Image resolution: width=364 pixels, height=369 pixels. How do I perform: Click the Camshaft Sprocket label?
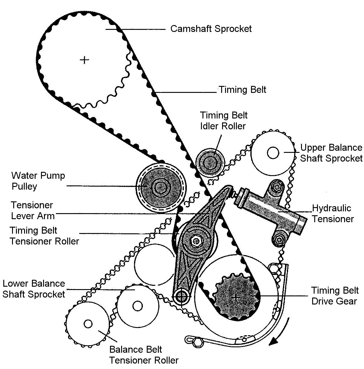click(x=211, y=29)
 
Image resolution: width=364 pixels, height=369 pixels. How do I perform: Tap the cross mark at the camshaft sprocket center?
click(x=84, y=60)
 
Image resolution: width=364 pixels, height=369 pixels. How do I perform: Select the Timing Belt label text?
click(x=242, y=90)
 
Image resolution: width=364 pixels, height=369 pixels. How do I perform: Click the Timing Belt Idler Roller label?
click(x=224, y=121)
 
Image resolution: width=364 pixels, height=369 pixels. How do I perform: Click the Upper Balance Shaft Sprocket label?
click(x=331, y=153)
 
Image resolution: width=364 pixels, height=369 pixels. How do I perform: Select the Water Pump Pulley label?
click(x=38, y=181)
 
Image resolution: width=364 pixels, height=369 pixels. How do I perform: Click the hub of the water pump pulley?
click(x=161, y=188)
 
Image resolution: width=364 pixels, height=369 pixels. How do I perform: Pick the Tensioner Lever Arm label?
click(x=33, y=211)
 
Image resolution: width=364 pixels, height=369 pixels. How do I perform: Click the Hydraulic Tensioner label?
click(x=333, y=213)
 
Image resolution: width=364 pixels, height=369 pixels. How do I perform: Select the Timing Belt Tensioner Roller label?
click(x=44, y=236)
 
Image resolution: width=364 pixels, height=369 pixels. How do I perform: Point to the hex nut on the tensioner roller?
click(x=196, y=241)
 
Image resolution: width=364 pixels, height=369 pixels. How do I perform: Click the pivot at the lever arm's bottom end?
click(x=181, y=296)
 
